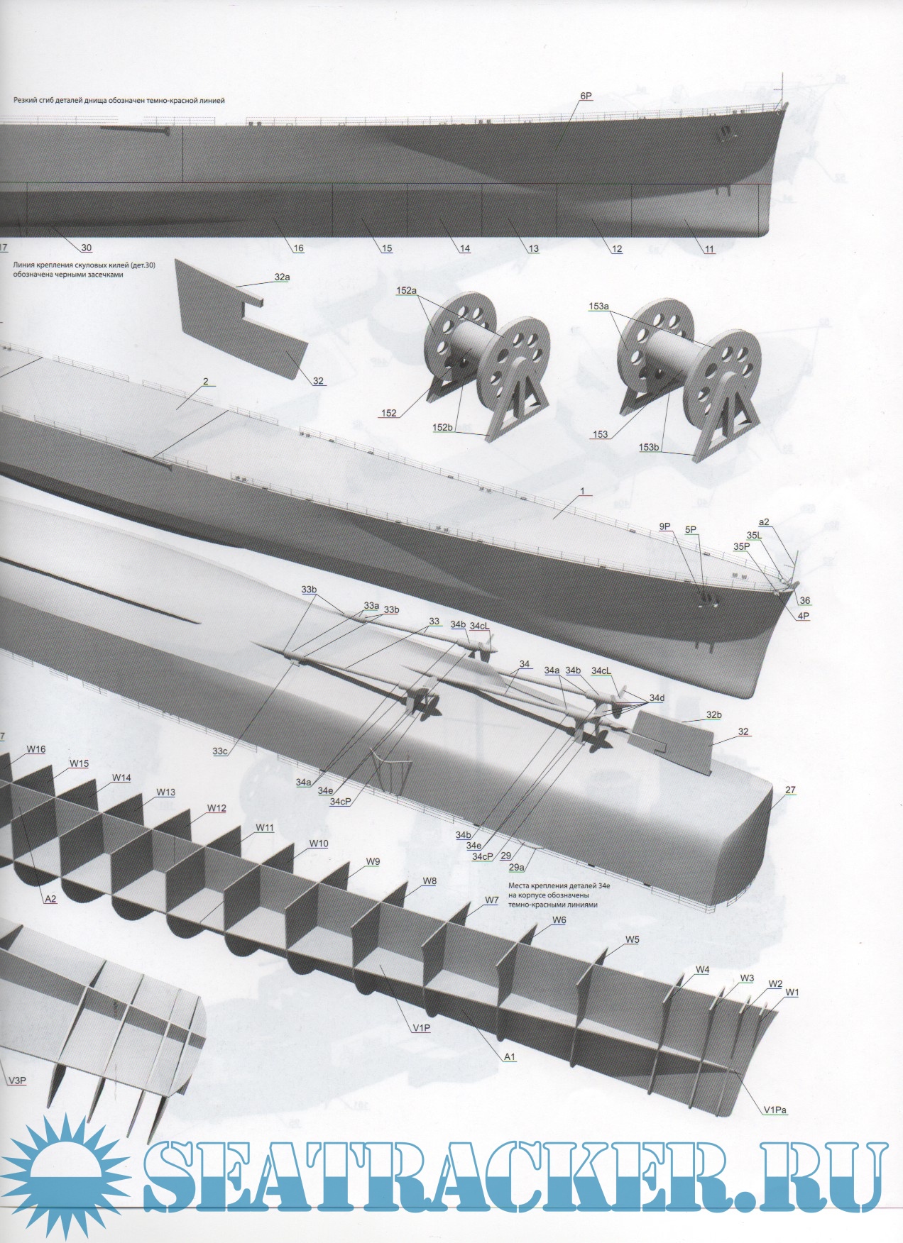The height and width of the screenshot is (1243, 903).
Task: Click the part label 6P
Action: (x=586, y=96)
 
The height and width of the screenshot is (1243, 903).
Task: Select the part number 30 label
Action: (x=86, y=248)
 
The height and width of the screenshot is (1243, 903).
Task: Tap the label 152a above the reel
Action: (x=407, y=291)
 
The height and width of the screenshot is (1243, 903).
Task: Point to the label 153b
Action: (x=649, y=447)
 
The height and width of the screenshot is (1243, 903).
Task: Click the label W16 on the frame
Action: (x=36, y=749)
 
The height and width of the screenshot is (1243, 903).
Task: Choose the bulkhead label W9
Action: (x=373, y=862)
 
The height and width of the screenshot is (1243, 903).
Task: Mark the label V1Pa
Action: (x=775, y=1110)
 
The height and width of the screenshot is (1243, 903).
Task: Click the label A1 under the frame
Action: (x=509, y=1056)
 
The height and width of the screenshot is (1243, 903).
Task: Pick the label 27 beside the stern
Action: (x=790, y=790)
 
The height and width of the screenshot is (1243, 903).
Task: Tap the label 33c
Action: (x=220, y=751)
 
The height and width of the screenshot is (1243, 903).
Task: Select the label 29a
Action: (x=517, y=867)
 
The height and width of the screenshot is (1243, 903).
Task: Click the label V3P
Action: (x=17, y=1081)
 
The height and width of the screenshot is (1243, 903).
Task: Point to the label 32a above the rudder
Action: (x=282, y=277)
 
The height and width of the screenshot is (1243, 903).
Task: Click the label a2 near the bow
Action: (x=764, y=522)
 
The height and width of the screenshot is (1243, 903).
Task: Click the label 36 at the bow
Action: (x=804, y=600)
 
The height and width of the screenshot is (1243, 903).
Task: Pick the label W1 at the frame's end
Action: (x=792, y=993)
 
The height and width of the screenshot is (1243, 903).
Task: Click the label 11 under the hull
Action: (x=710, y=249)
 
